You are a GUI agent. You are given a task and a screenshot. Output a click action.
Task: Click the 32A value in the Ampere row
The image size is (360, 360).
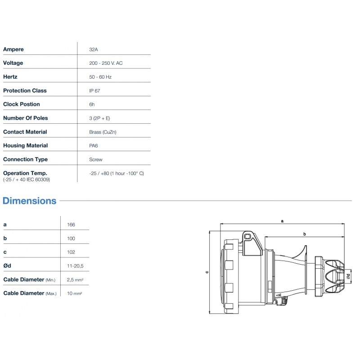click(x=94, y=49)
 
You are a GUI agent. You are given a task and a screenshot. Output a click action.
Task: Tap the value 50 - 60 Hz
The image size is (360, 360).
click(x=100, y=77)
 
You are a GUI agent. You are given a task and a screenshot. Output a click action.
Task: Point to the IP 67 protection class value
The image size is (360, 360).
click(x=95, y=90)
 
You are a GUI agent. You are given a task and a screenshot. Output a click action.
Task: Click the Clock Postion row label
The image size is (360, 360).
click(x=22, y=104)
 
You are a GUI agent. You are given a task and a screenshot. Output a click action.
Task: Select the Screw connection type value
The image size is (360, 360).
click(x=96, y=160)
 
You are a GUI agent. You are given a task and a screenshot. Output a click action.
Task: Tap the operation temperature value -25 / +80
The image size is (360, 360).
click(x=117, y=173)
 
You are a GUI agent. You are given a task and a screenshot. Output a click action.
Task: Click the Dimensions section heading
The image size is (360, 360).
click(x=30, y=201)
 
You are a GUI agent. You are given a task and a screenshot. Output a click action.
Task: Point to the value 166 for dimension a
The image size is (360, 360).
click(x=71, y=225)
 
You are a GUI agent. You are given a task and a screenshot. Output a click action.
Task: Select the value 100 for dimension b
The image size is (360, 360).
click(x=71, y=238)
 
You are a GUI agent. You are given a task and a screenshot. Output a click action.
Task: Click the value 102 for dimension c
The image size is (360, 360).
click(x=71, y=252)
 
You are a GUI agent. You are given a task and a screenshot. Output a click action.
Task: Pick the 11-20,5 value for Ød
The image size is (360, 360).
click(x=75, y=266)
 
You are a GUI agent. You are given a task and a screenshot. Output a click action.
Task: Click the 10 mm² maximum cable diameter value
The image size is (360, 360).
click(x=74, y=293)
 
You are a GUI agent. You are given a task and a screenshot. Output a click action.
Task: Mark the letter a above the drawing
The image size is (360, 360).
click(x=282, y=220)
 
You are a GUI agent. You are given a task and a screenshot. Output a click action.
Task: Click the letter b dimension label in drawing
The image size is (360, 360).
click(x=305, y=234)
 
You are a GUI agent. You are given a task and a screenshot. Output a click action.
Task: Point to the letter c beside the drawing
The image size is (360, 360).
click(x=207, y=271)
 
